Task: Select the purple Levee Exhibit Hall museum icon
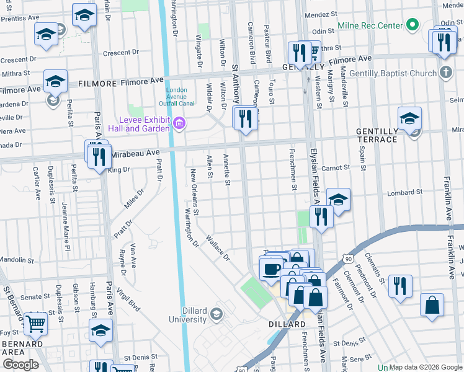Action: point(179,124)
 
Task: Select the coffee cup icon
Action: point(270,269)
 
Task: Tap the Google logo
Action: point(20,365)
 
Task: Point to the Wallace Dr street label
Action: point(218,247)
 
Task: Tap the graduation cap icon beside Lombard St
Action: point(338,200)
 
